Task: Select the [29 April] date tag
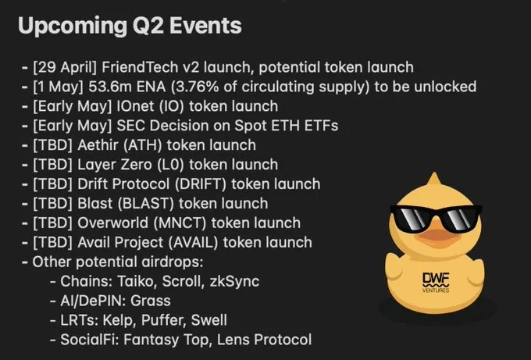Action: pyautogui.click(x=65, y=67)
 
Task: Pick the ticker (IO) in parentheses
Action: pyautogui.click(x=172, y=106)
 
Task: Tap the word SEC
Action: pyautogui.click(x=130, y=126)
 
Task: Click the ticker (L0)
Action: pyautogui.click(x=171, y=165)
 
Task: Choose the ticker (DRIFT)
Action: pyautogui.click(x=201, y=184)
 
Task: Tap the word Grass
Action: pyautogui.click(x=151, y=301)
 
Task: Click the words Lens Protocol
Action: pyautogui.click(x=264, y=340)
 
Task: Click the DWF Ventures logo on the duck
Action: pyautogui.click(x=436, y=283)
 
